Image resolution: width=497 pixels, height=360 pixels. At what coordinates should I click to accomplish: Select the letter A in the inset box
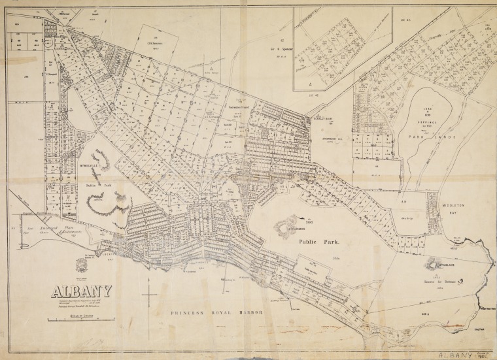coord(310,85)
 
